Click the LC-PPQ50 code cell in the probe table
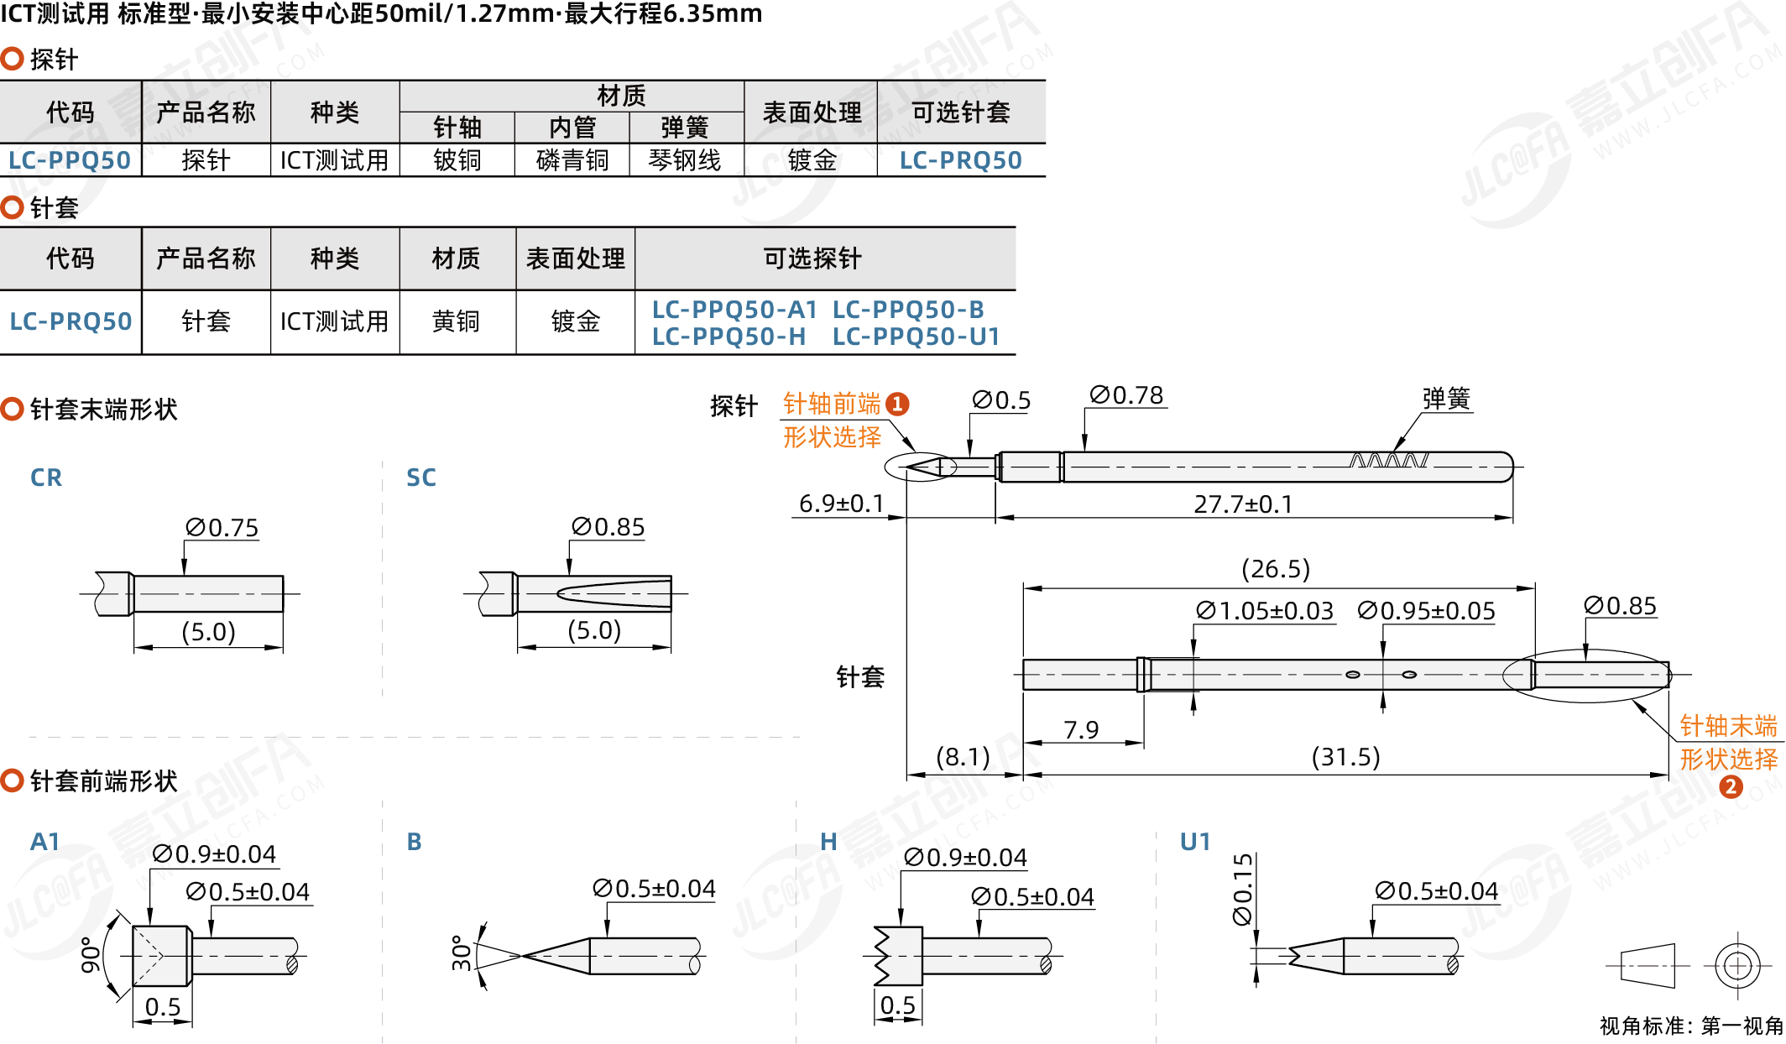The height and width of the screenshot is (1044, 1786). point(70,160)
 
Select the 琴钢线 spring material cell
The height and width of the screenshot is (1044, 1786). point(685,160)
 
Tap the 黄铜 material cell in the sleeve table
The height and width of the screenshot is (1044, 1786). point(456,321)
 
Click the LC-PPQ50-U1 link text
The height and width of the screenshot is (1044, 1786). point(916,337)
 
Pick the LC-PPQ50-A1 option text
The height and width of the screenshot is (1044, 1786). point(734,310)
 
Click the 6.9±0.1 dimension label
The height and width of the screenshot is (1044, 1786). point(842,504)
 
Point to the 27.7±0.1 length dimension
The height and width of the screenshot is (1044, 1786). point(1243,504)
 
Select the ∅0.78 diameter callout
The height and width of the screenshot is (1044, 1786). point(1126,395)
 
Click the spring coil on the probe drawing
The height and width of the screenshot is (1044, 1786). point(1388,461)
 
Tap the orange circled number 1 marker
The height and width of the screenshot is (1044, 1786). point(897,405)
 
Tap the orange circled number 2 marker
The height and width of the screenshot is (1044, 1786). point(1731,787)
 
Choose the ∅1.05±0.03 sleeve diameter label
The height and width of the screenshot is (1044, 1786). point(1265,611)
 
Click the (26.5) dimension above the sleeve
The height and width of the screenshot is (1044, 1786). point(1276,569)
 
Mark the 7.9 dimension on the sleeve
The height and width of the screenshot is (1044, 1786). point(1081,730)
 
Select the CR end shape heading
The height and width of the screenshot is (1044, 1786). point(46,478)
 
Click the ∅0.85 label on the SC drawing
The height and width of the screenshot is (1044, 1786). point(608,527)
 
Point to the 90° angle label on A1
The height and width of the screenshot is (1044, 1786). point(90,955)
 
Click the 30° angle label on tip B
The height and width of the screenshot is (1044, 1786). point(462,953)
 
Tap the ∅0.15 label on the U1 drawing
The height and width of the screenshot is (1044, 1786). point(1243,890)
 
